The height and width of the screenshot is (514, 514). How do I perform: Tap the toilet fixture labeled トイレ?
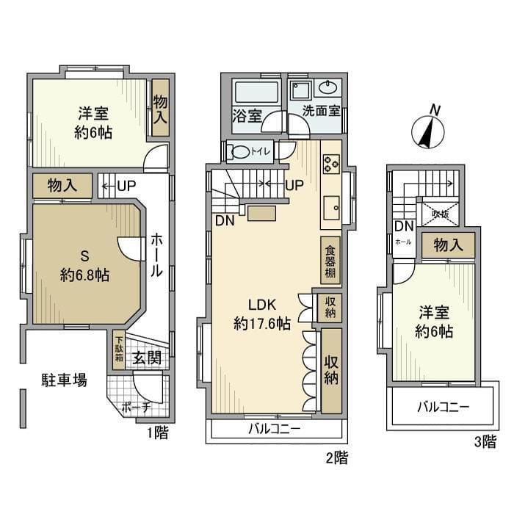coord(240,152)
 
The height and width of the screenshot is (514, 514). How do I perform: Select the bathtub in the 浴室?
coord(256,94)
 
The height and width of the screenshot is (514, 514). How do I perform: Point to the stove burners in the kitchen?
coord(330,164)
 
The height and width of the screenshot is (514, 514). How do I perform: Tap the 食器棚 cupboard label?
coord(330,260)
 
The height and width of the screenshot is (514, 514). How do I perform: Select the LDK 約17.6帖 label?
coord(261,314)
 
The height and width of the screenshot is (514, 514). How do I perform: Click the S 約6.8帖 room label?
coord(84,266)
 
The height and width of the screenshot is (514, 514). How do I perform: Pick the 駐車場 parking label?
coord(64,380)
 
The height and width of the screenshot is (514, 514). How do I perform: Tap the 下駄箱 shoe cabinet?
coord(119,352)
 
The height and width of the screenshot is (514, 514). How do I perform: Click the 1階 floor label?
coord(157,432)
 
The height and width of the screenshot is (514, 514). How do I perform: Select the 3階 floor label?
coord(485,442)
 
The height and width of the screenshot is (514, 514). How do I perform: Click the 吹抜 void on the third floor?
coord(440,214)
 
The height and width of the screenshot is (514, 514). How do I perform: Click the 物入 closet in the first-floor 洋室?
coord(160,108)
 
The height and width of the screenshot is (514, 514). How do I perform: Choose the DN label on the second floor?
coord(224,220)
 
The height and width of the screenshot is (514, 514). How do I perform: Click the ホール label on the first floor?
coord(157,254)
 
